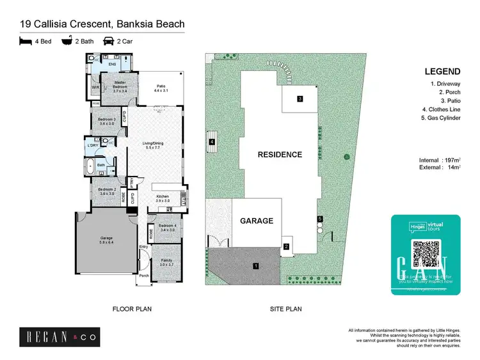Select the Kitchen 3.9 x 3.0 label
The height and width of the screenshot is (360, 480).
(163, 198)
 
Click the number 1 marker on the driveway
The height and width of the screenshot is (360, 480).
(256, 265)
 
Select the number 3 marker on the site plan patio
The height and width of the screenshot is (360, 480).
(300, 98)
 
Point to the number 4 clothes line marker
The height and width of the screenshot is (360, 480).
(211, 142)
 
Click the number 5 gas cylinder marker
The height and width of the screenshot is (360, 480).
(320, 219)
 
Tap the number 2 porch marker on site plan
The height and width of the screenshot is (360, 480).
(287, 246)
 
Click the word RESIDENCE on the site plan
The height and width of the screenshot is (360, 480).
(280, 155)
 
